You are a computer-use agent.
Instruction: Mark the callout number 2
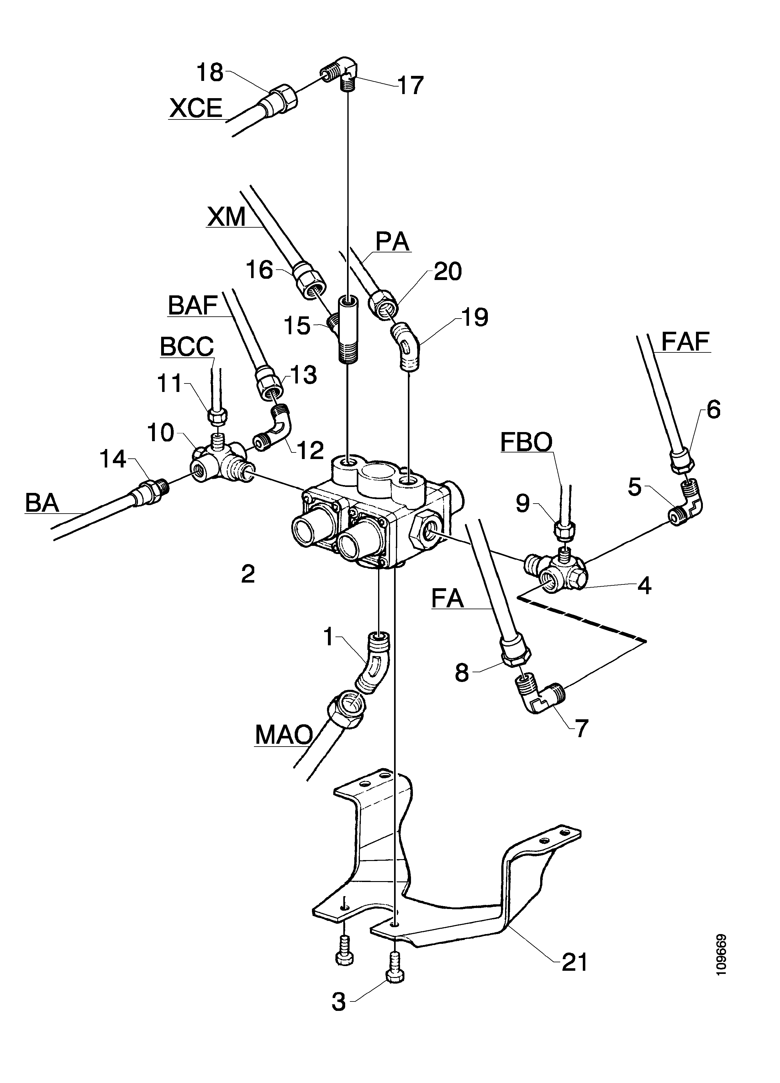point(248,574)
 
